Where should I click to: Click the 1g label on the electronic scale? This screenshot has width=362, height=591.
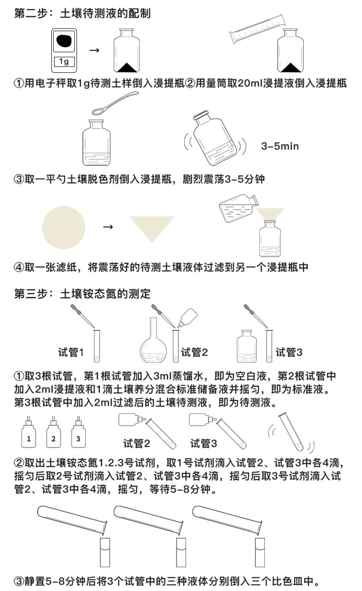[64, 62]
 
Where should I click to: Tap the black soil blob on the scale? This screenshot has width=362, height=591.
[64, 42]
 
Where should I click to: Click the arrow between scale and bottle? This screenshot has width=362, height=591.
[94, 50]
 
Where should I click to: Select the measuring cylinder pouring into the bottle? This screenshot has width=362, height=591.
[259, 28]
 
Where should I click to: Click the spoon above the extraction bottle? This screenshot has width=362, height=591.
[115, 103]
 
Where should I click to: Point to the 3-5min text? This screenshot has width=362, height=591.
[280, 146]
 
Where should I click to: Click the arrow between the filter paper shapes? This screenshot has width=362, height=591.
[108, 227]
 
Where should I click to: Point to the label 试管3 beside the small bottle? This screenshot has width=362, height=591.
[289, 352]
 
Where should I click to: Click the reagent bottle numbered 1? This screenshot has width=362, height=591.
[29, 435]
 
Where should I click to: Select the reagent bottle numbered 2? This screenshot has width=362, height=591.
[54, 435]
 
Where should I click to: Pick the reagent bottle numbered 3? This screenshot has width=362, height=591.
[78, 435]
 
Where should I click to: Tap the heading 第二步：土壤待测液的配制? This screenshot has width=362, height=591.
[82, 13]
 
